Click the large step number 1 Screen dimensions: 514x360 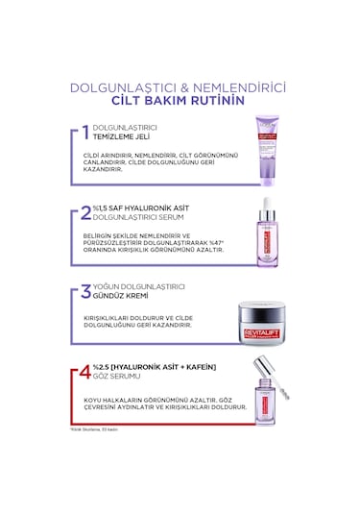[x=86, y=132]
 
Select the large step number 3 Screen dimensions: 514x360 [x=86, y=291]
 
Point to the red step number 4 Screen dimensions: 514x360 [x=86, y=370]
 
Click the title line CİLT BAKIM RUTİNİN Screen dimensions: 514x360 [x=179, y=100]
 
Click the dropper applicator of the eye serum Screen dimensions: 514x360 [x=272, y=394]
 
